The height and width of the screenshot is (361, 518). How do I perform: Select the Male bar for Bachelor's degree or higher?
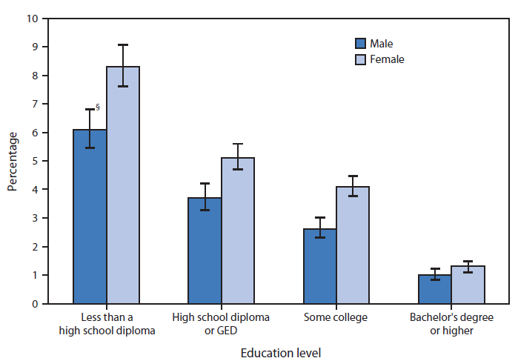434,289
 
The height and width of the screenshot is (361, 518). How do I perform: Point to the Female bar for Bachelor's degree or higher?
468,285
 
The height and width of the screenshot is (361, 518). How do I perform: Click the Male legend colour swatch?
362,44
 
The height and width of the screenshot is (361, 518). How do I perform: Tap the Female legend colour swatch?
362,59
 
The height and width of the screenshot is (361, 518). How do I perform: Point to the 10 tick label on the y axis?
33,19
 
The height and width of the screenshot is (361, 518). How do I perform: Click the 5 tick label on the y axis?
36,161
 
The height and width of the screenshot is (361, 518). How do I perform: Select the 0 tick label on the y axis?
36,304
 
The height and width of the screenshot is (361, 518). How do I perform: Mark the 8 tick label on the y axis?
36,76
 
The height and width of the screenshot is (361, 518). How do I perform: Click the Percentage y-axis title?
13,161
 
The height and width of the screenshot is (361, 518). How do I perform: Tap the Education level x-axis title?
280,352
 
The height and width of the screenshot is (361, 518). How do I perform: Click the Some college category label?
336,318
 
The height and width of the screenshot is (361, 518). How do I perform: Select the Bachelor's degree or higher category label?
451,324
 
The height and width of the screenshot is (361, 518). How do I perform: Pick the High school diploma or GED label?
221,324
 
